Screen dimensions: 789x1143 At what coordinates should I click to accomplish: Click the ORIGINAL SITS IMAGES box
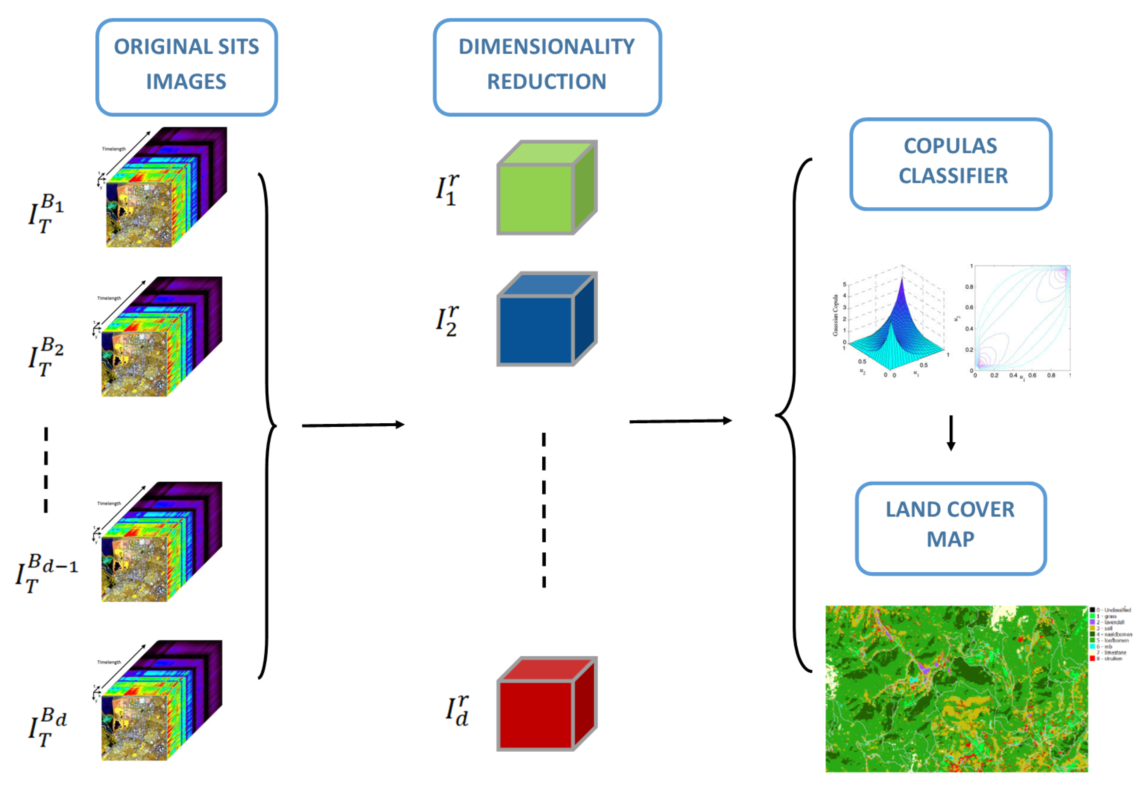tap(187, 67)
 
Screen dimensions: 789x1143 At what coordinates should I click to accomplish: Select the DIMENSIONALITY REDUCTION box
tap(547, 67)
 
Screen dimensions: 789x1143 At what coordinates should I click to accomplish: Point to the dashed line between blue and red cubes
tap(544, 509)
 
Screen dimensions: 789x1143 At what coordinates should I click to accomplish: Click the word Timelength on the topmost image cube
tap(114, 149)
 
